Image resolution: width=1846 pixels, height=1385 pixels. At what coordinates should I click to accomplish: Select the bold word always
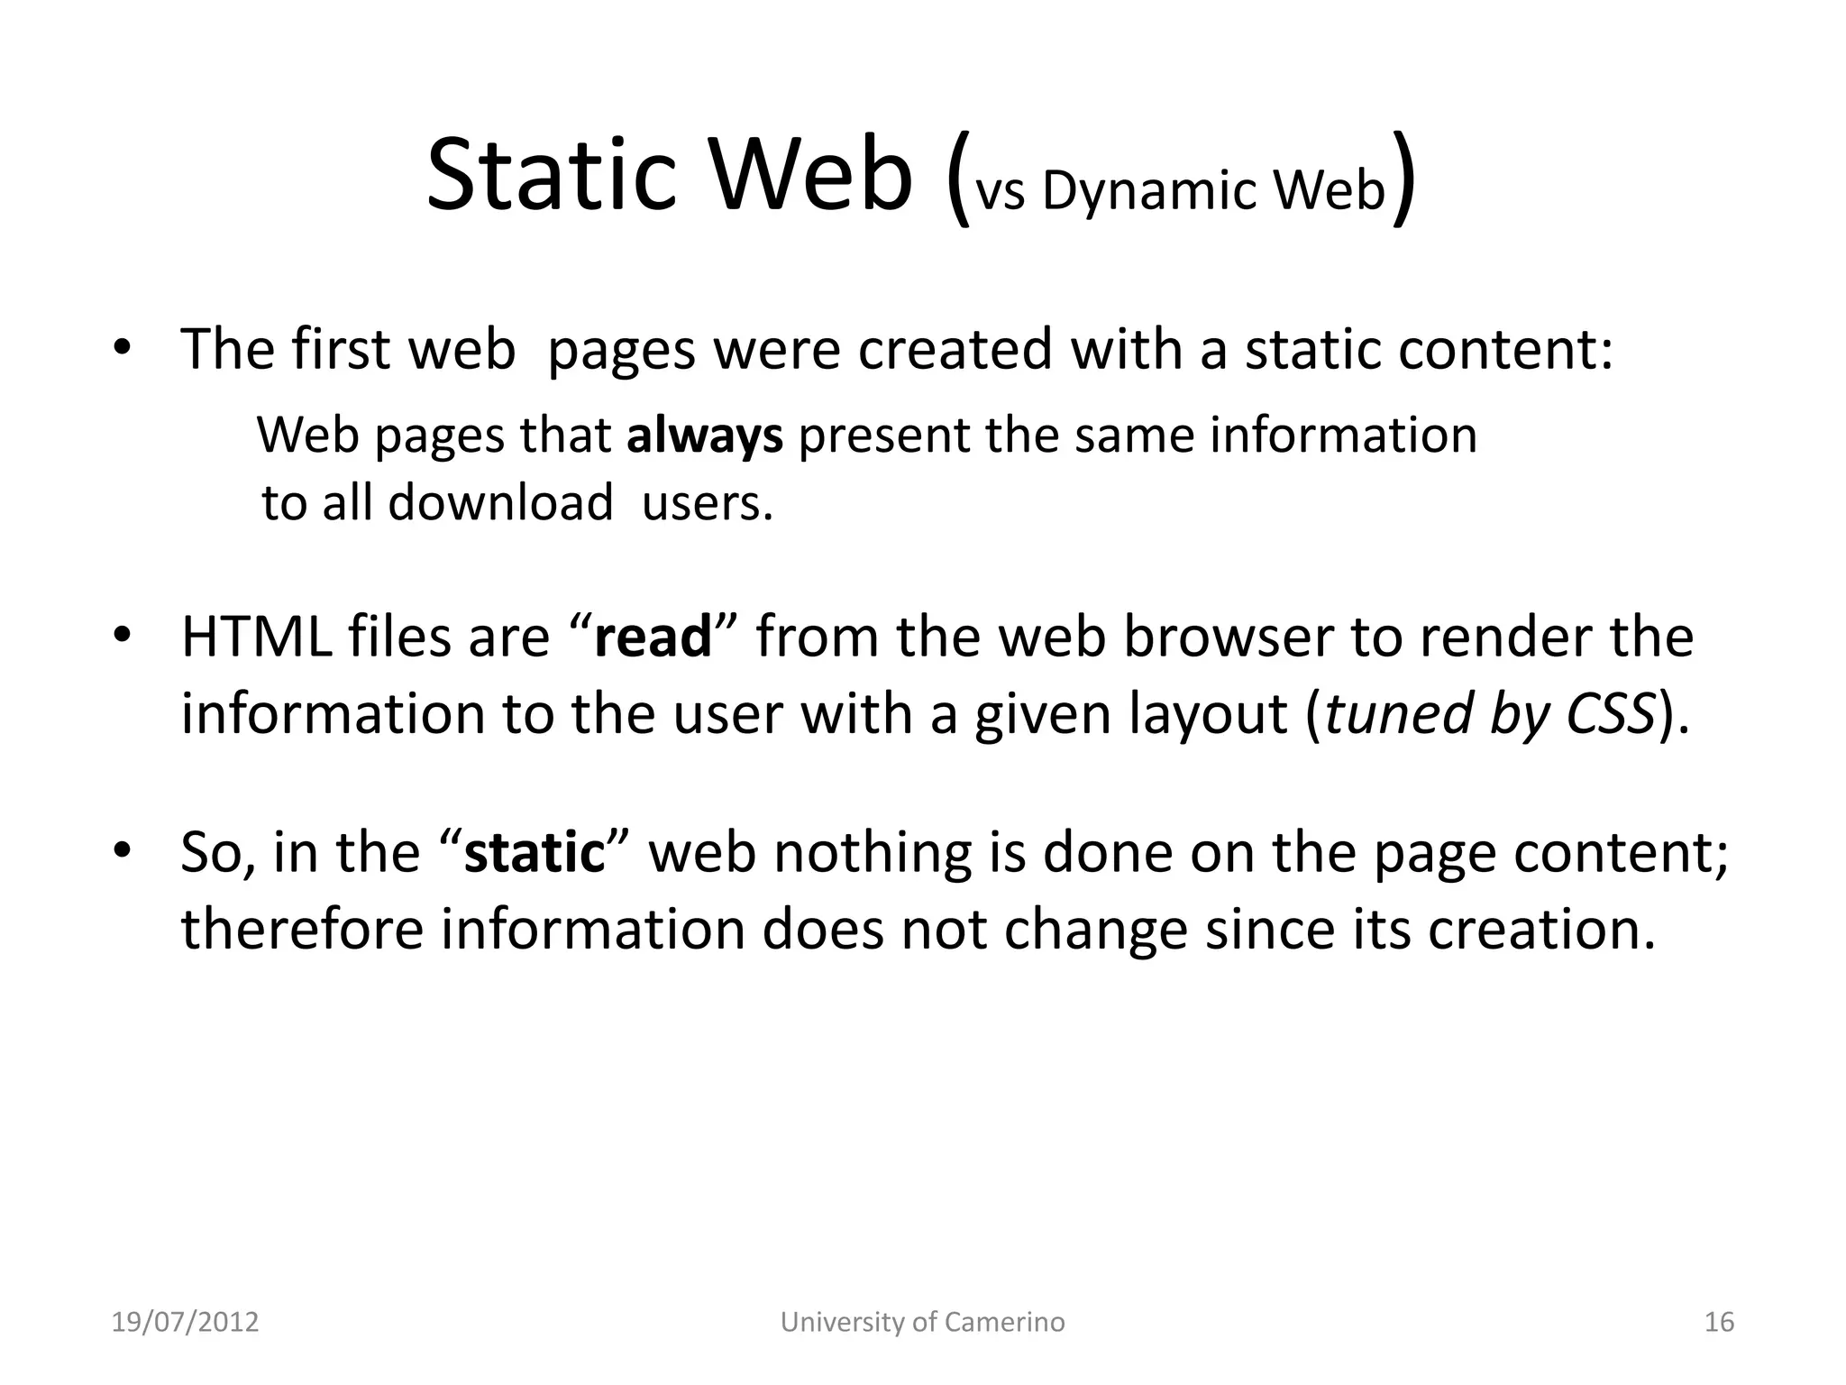coord(705,436)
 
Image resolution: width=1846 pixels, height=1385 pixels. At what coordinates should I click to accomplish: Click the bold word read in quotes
coord(653,637)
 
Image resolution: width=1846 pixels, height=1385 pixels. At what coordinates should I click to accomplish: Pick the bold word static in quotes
coord(533,852)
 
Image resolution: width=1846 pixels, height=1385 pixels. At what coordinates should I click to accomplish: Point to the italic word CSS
coord(1611,713)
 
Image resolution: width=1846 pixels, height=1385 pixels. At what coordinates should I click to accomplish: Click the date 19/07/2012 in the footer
coord(185,1322)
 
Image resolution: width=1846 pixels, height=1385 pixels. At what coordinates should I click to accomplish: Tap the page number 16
coord(1719,1322)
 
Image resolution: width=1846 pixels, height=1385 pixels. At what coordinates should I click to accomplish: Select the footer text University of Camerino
coord(922,1322)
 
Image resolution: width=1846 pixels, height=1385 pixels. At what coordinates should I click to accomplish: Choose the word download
coord(500,502)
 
